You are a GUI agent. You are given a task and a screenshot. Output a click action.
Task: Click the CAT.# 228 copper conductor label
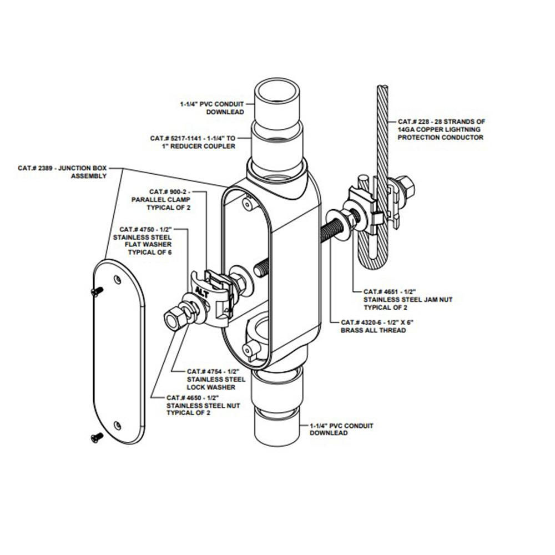(441, 129)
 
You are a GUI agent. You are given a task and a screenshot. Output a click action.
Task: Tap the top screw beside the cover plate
(97, 290)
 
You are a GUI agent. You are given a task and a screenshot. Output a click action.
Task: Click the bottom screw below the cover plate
(96, 438)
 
